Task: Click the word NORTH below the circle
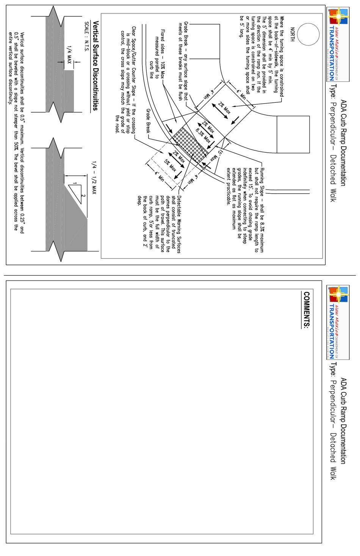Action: [292, 34]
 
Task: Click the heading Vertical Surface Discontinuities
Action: [95, 66]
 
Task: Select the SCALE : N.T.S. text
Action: [87, 36]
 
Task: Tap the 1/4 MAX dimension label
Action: [69, 55]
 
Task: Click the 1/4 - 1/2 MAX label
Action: [94, 178]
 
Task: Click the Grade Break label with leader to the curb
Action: [148, 121]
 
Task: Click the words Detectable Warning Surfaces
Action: [179, 224]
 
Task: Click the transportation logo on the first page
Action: [337, 44]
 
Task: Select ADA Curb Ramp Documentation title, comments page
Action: [343, 421]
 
